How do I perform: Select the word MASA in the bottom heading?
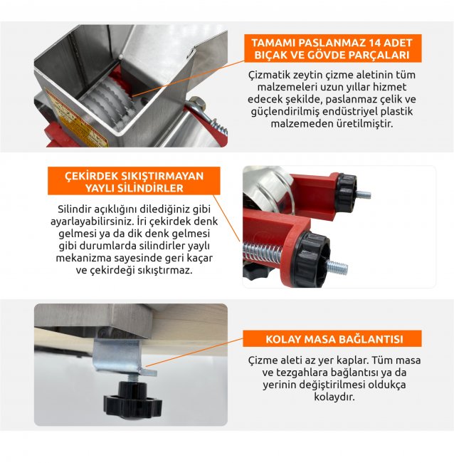pyautogui.click(x=318, y=339)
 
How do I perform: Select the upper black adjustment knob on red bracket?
pyautogui.click(x=347, y=192)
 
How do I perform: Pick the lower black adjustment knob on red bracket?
pyautogui.click(x=312, y=259)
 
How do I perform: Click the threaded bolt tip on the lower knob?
pyautogui.click(x=337, y=268)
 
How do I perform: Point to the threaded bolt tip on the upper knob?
pyautogui.click(x=364, y=195)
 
